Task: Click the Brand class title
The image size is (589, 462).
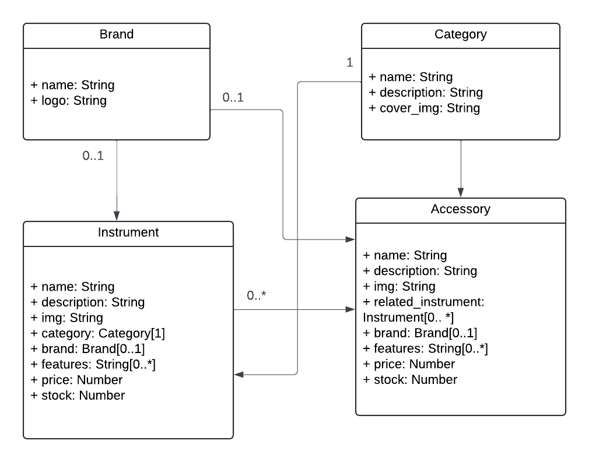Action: click(x=116, y=34)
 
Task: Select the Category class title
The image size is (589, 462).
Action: click(x=460, y=34)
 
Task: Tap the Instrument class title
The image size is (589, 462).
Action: click(x=128, y=232)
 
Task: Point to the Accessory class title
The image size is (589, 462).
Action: click(x=460, y=209)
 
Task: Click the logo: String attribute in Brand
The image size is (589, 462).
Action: click(x=68, y=100)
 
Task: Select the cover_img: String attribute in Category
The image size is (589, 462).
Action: click(x=424, y=108)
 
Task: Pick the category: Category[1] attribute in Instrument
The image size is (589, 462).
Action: click(x=97, y=333)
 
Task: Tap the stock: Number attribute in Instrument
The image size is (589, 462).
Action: click(x=78, y=396)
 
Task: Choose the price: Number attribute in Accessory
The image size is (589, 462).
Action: click(x=409, y=364)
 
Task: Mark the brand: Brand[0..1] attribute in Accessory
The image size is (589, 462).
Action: click(x=420, y=333)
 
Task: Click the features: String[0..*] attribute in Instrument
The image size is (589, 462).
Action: click(x=93, y=364)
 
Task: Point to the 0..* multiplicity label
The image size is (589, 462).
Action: click(x=256, y=296)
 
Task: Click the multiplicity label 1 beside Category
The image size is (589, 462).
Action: click(x=350, y=63)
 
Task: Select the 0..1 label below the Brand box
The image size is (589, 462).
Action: click(x=93, y=156)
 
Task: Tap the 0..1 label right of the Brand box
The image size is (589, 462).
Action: click(x=233, y=98)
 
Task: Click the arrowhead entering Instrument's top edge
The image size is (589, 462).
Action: click(x=117, y=216)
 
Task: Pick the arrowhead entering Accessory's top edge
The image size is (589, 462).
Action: click(x=460, y=193)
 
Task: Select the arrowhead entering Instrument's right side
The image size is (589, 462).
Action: click(x=239, y=376)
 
